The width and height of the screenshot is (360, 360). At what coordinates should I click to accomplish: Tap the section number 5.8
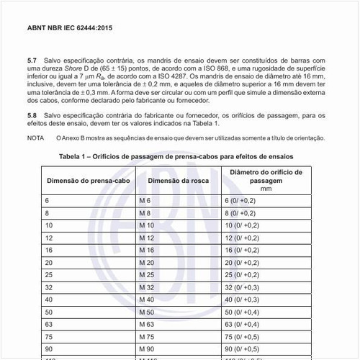[x=31, y=114]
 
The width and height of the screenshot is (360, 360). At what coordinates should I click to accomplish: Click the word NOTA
[x=35, y=138]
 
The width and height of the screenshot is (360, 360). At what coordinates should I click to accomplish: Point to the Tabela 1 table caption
[x=176, y=156]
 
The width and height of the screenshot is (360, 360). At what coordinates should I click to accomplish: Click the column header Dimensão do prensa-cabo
[x=87, y=179]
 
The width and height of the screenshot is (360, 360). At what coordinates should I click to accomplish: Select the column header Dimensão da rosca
[x=179, y=179]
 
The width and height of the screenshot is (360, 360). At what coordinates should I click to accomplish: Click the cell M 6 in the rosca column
[x=145, y=199]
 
